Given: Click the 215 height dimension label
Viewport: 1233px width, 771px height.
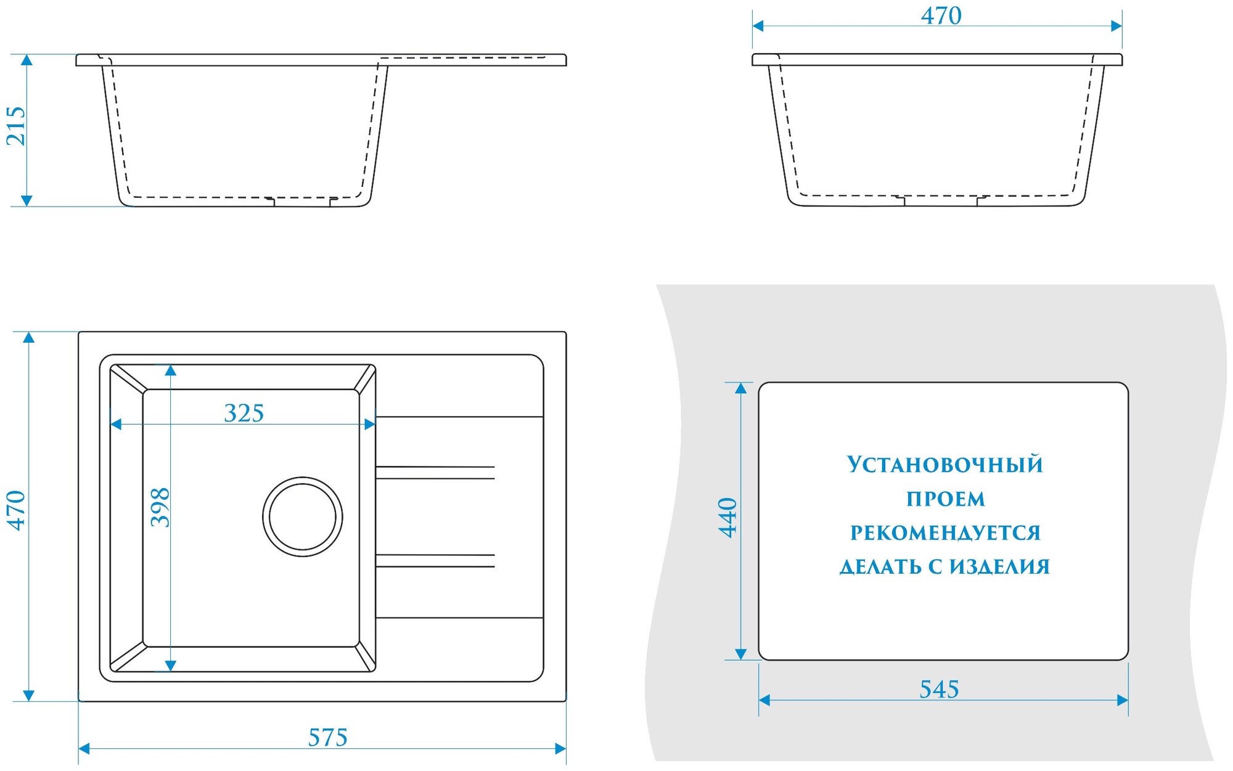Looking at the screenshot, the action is pyautogui.click(x=16, y=126).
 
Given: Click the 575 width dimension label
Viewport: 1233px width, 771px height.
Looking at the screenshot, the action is pyautogui.click(x=327, y=737).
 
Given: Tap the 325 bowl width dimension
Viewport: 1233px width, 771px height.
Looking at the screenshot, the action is pyautogui.click(x=244, y=413).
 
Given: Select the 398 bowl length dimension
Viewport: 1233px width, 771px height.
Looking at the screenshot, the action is pyautogui.click(x=160, y=507).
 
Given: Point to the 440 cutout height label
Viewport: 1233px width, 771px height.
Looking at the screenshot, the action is pyautogui.click(x=728, y=518).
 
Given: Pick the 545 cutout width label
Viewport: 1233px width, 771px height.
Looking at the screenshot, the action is pyautogui.click(x=939, y=689).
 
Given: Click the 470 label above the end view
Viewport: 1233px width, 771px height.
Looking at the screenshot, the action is pyautogui.click(x=941, y=16).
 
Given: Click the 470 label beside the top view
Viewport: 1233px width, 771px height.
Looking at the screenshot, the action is pyautogui.click(x=16, y=510).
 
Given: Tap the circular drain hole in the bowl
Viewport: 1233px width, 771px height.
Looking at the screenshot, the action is pyautogui.click(x=302, y=516).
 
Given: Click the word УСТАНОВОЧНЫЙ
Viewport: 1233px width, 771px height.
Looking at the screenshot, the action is pyautogui.click(x=944, y=465).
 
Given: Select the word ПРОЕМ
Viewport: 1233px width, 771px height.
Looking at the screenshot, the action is pyautogui.click(x=945, y=499).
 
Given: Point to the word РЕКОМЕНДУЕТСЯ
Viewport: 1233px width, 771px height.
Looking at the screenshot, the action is pyautogui.click(x=945, y=533).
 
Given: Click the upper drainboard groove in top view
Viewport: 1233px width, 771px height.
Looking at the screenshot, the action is pyautogui.click(x=435, y=473).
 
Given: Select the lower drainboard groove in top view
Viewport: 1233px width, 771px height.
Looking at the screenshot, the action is pyautogui.click(x=435, y=561).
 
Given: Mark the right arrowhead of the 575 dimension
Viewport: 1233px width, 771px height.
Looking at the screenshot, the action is pyautogui.click(x=560, y=749).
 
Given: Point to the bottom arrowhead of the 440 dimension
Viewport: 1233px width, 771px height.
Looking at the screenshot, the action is pyautogui.click(x=740, y=654).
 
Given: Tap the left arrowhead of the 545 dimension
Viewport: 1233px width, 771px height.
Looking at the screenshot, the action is pyautogui.click(x=764, y=700).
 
